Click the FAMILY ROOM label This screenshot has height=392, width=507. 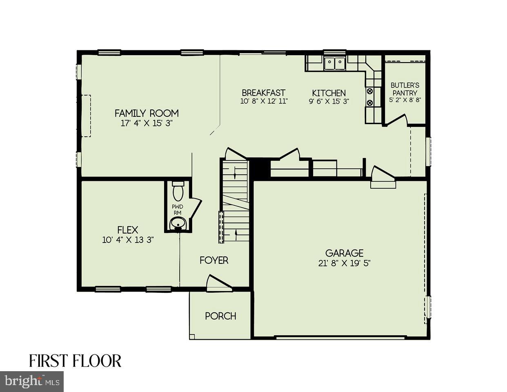tap(147, 113)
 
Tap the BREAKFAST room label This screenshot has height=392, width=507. tap(263, 93)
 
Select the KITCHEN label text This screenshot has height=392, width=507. tap(329, 93)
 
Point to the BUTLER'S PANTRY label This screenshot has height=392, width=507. tap(405, 89)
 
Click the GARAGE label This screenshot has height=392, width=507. tap(344, 253)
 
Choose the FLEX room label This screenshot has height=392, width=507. tap(128, 230)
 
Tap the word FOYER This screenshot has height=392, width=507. tap(214, 260)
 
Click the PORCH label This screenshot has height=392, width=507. tap(220, 316)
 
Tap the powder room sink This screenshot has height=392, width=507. tap(178, 223)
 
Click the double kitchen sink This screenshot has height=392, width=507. tap(335, 64)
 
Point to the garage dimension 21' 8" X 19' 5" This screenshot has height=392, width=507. tap(344, 263)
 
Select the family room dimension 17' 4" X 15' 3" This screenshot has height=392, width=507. tap(147, 123)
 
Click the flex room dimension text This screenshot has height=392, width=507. tap(128, 240)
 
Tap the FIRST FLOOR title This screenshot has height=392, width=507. tap(75, 361)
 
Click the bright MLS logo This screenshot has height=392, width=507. tap(32, 381)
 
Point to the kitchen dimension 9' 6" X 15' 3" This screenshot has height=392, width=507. tap(329, 102)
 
